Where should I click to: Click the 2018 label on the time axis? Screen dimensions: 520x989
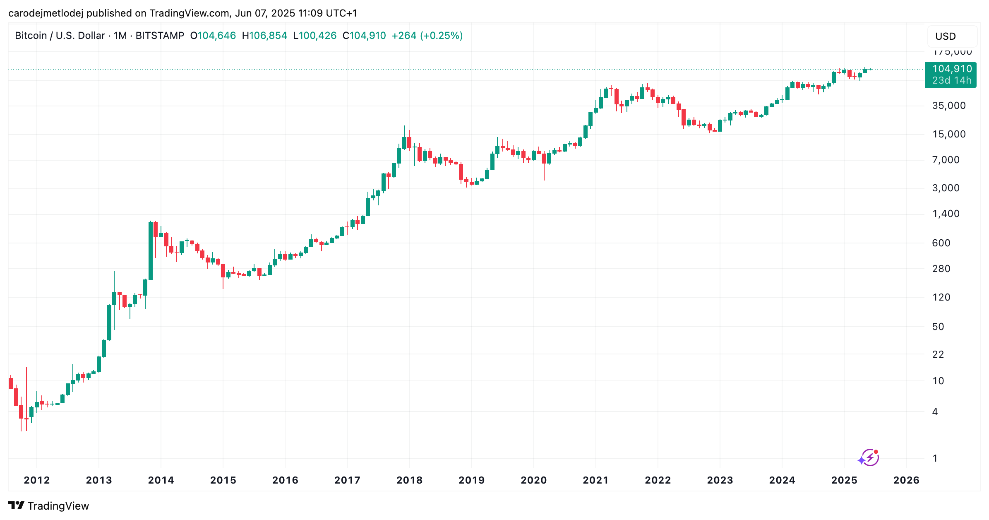point(409,480)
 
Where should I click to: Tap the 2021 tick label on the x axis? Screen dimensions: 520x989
point(595,480)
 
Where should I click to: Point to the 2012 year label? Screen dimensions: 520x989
point(36,480)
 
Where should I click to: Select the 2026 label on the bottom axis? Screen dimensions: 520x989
point(906,480)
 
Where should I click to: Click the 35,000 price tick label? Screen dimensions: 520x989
point(948,106)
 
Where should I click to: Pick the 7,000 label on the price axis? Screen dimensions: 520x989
point(946,160)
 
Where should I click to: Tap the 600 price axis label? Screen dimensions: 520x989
point(941,243)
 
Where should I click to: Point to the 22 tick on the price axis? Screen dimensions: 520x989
point(938,354)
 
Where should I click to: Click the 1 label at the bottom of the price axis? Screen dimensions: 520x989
point(935,458)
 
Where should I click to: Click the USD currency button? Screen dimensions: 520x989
point(946,36)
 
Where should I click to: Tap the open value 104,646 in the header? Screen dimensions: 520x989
point(216,36)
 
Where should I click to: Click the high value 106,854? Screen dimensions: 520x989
point(268,36)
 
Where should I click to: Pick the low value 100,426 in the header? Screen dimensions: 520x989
point(317,36)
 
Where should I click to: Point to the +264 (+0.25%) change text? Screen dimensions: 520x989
point(427,36)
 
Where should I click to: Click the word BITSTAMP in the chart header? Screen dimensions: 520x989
point(160,36)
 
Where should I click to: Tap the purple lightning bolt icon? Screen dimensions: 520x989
point(869,457)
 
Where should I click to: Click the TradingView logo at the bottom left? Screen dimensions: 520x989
point(48,506)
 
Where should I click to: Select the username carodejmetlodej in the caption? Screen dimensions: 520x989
point(46,13)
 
